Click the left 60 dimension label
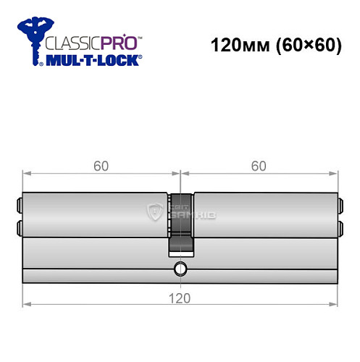coord(101,166)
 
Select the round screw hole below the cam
coord(180,271)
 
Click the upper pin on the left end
coord(19,203)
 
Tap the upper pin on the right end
coord(340,203)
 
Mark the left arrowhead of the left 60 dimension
coord(26,174)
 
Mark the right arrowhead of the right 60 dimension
coord(335,174)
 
